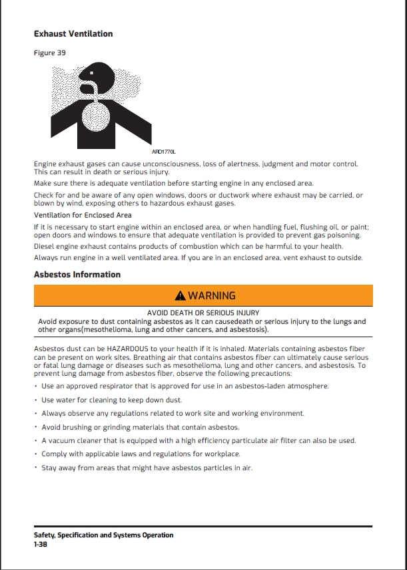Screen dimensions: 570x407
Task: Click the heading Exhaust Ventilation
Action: point(73,34)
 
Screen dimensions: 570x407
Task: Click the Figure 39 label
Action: point(49,53)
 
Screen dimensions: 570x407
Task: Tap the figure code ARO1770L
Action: point(165,152)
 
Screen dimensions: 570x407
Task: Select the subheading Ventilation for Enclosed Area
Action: point(83,215)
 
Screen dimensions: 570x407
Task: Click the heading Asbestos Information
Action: point(77,275)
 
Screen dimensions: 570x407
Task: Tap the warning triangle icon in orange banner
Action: point(180,296)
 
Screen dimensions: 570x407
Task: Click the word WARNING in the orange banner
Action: point(212,296)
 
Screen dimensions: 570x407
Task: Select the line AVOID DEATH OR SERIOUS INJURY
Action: point(203,313)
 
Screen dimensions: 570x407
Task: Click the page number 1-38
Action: point(40,544)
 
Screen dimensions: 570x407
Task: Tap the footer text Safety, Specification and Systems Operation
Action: point(103,535)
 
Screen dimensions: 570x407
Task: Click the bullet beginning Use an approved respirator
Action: point(185,386)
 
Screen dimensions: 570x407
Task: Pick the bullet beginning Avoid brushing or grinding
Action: point(140,427)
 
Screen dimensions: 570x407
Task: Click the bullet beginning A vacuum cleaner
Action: point(199,440)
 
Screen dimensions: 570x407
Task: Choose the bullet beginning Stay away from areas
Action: point(147,468)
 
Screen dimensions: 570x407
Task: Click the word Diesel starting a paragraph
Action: point(44,246)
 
